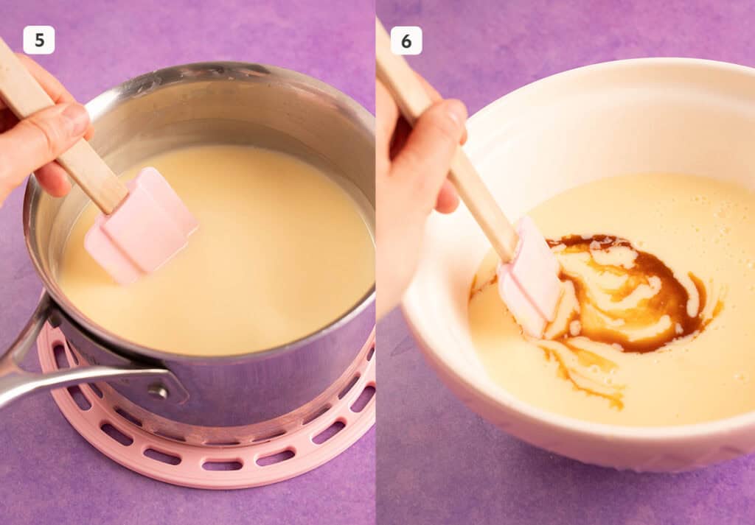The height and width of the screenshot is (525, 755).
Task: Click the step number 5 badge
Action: tap(38, 40)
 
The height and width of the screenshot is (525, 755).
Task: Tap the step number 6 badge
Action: tap(406, 40)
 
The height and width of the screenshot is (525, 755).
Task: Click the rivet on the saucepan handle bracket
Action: tap(157, 391)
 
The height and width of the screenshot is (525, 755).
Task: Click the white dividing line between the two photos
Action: tap(376, 295)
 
